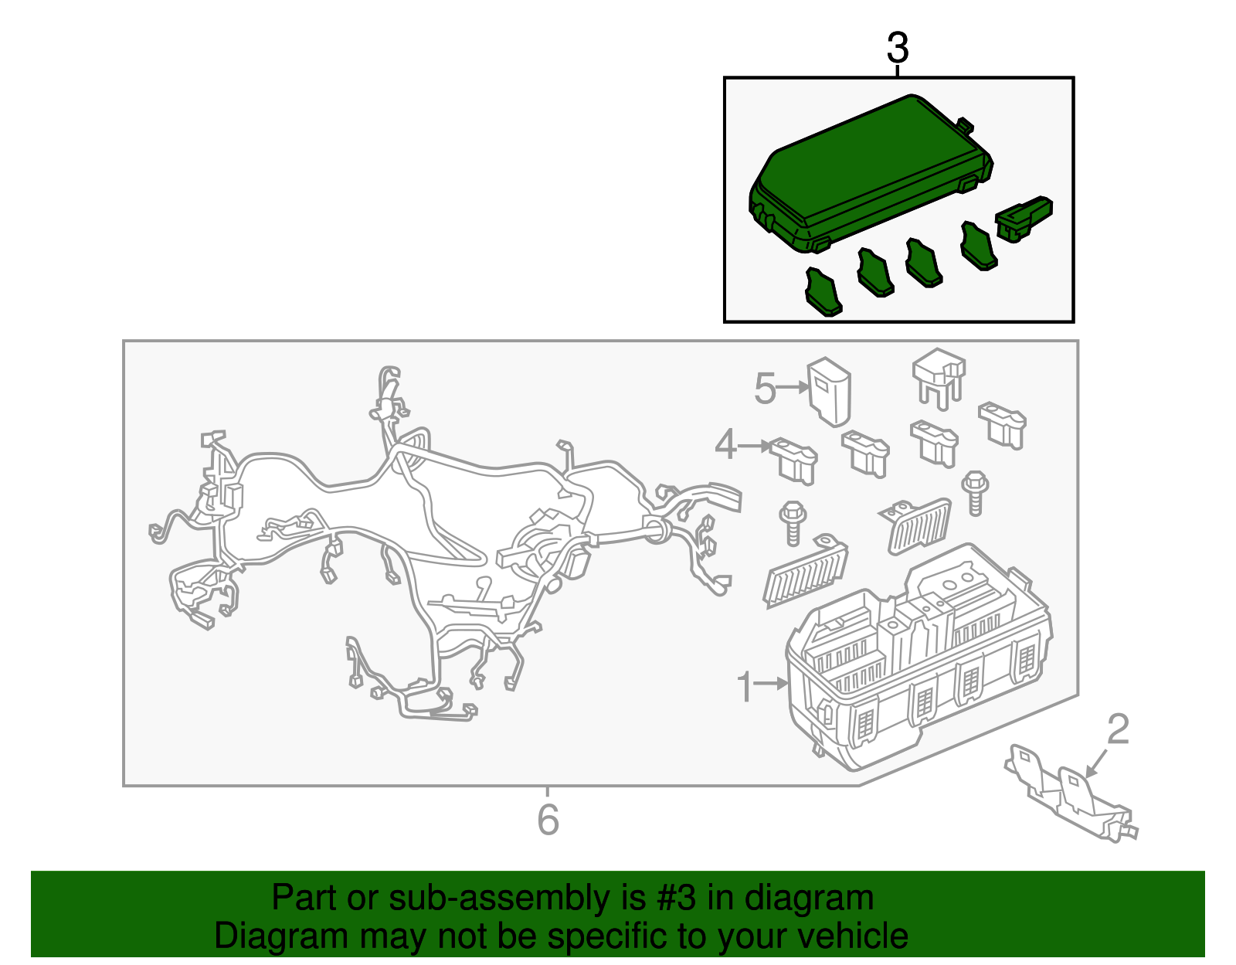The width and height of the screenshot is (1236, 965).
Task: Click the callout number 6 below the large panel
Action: (x=548, y=820)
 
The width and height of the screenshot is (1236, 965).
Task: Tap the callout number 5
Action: (x=765, y=389)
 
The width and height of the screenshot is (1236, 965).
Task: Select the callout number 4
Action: (x=726, y=444)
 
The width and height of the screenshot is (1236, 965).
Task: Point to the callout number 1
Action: (x=745, y=686)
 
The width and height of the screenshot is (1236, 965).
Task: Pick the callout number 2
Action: (x=1118, y=729)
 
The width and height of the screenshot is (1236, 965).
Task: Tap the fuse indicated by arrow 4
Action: (x=793, y=460)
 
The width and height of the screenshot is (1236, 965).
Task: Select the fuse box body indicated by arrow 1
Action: (x=919, y=657)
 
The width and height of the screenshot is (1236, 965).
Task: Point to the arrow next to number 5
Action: (x=792, y=387)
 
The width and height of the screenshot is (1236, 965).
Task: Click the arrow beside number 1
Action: (x=771, y=683)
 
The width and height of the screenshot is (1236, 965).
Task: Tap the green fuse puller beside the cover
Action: (x=1024, y=218)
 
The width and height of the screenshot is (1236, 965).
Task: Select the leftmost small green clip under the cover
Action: (x=823, y=292)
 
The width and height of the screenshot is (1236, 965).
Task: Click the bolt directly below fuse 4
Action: (x=793, y=522)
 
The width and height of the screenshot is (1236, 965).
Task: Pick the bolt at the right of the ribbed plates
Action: (x=975, y=493)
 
